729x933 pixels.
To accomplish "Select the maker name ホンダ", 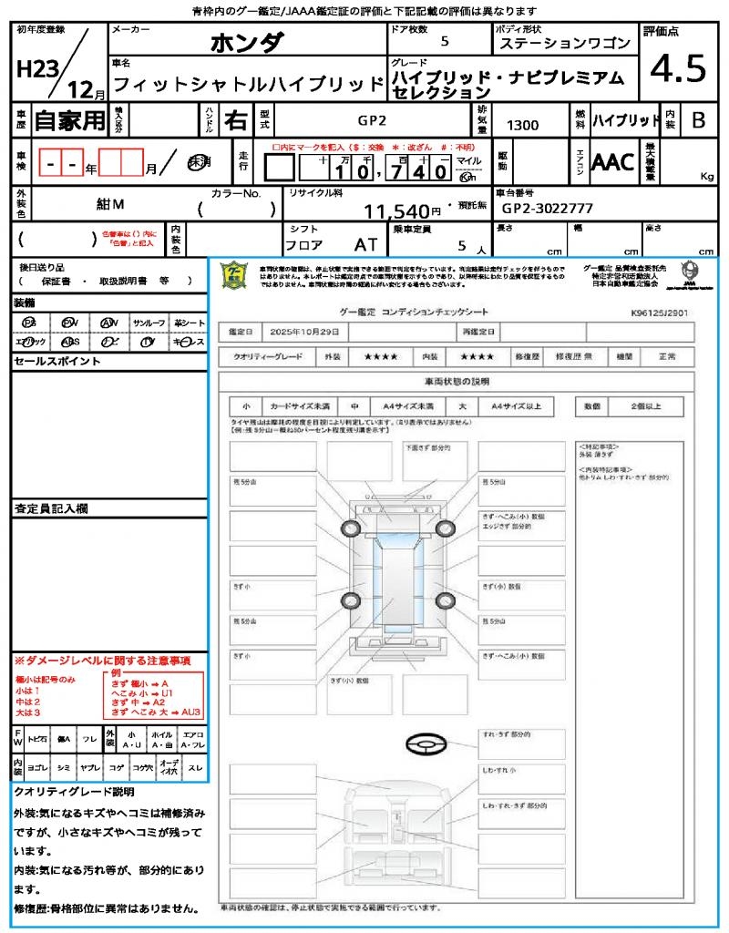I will click(247, 42).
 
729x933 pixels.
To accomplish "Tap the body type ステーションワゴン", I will click(563, 43).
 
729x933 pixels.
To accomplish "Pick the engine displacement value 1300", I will click(522, 125).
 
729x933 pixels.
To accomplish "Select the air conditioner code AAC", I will click(614, 162).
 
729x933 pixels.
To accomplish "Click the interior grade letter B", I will click(698, 120).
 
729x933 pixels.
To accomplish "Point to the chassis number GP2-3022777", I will click(548, 208).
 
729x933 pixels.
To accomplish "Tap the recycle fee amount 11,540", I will click(396, 211).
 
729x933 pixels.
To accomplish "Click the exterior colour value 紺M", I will click(110, 206).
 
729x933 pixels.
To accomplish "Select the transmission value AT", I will click(366, 245).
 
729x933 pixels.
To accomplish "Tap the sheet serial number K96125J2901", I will click(659, 313).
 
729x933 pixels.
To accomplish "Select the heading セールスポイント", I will click(56, 362).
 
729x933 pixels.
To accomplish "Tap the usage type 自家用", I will click(70, 119).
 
